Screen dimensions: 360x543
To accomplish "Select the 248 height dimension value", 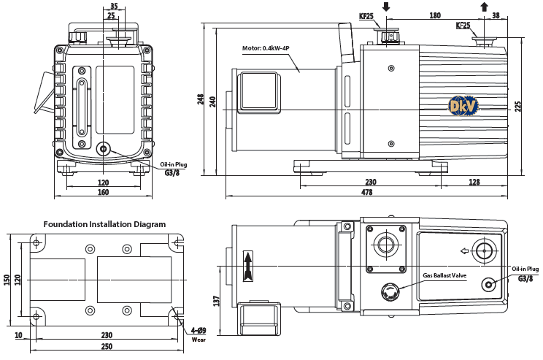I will pyautogui.click(x=201, y=100).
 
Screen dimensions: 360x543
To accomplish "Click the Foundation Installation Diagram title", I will pyautogui.click(x=104, y=224).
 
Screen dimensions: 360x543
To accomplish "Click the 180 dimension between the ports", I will pyautogui.click(x=435, y=14).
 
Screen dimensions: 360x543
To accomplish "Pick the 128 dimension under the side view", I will pyautogui.click(x=475, y=183).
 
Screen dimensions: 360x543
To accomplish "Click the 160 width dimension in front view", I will pyautogui.click(x=103, y=193).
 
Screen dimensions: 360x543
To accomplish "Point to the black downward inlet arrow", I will pyautogui.click(x=385, y=7).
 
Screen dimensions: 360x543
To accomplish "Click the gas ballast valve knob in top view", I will pyautogui.click(x=389, y=292).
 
